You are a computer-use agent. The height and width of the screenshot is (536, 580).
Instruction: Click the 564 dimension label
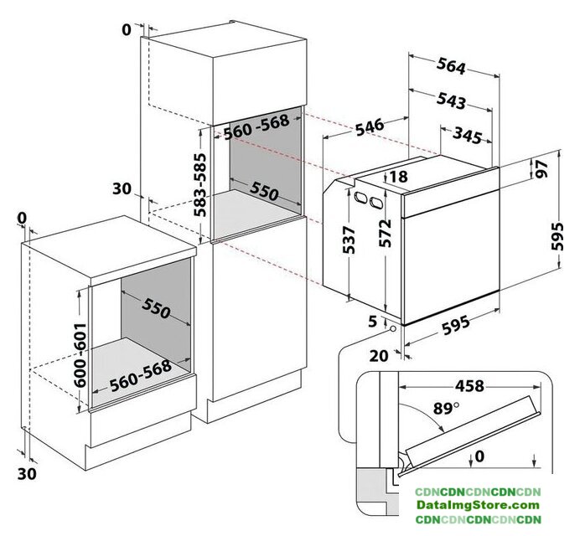(451, 66)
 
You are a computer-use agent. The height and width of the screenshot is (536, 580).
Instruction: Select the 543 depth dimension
(451, 100)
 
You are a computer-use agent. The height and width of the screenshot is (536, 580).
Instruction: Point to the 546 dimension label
(370, 126)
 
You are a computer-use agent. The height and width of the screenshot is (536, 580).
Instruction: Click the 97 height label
(542, 169)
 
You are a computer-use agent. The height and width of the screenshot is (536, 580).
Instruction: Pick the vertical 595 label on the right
(557, 236)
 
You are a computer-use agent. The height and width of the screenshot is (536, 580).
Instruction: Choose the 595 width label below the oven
(456, 325)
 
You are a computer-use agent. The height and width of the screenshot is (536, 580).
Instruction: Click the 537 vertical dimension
(349, 240)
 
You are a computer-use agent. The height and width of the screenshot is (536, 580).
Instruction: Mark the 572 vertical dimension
(385, 234)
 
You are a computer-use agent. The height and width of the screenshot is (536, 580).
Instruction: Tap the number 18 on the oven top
(398, 177)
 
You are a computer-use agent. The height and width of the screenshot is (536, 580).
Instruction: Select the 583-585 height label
(199, 185)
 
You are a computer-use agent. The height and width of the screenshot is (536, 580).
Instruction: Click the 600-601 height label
(80, 355)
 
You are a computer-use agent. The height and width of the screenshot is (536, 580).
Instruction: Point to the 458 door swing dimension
(469, 386)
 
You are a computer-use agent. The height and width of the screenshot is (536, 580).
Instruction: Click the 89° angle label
(446, 409)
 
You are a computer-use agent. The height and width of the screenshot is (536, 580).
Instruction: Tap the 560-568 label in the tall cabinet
(256, 126)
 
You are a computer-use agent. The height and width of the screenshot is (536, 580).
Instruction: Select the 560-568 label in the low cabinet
(141, 375)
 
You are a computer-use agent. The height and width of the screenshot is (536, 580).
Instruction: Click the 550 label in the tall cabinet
(264, 191)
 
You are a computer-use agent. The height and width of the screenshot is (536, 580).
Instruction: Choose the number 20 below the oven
(379, 356)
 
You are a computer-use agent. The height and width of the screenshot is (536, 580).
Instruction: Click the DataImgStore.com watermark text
(478, 505)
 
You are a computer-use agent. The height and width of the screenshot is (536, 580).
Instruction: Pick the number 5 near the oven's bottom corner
(372, 322)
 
